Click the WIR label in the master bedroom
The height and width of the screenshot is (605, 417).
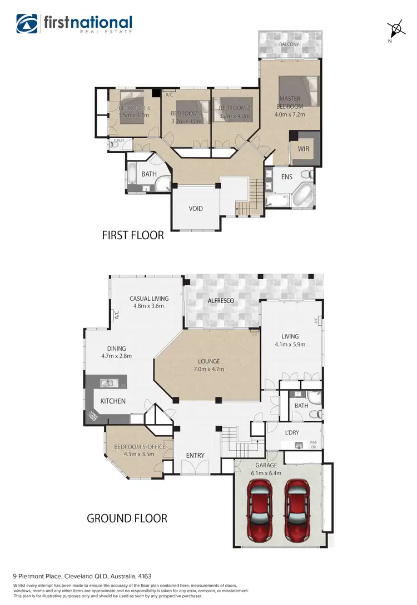pos(304,149)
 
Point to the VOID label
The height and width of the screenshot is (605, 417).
pos(196,209)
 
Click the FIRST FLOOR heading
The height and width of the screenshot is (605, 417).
pos(133,235)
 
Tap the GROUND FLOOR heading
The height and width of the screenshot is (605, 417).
pos(127,518)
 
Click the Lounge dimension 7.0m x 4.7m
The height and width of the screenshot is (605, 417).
pos(207,369)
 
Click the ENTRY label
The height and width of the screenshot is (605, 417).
pos(195,456)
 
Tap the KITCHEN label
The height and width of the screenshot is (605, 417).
pos(113,401)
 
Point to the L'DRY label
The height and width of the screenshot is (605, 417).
pos(292,432)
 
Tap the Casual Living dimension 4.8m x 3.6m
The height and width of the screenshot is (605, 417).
pos(149,306)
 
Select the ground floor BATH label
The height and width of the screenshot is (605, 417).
pos(301,406)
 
